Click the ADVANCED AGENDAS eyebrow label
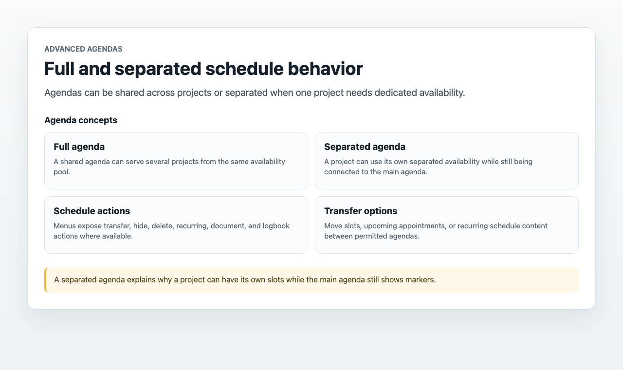83,49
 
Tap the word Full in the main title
59,69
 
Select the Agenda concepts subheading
81,120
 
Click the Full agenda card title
79,147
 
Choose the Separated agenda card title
365,147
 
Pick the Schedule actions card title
92,211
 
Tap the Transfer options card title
361,211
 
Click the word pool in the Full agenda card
61,172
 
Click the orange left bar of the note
46,280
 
